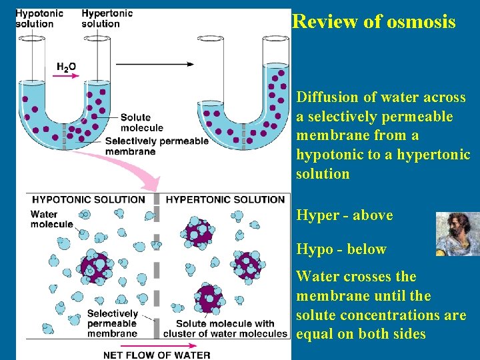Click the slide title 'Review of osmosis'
click(x=374, y=22)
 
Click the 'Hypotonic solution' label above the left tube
click(x=39, y=18)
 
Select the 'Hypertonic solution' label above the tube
click(x=107, y=18)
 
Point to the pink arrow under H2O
click(x=67, y=77)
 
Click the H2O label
click(x=67, y=67)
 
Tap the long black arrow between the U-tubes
click(x=155, y=64)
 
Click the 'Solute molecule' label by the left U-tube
click(x=141, y=123)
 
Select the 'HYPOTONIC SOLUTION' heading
click(x=89, y=199)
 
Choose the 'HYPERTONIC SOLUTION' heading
click(x=225, y=199)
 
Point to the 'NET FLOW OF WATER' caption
click(x=157, y=355)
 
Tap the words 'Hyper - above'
click(x=344, y=215)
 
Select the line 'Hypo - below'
click(x=341, y=249)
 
